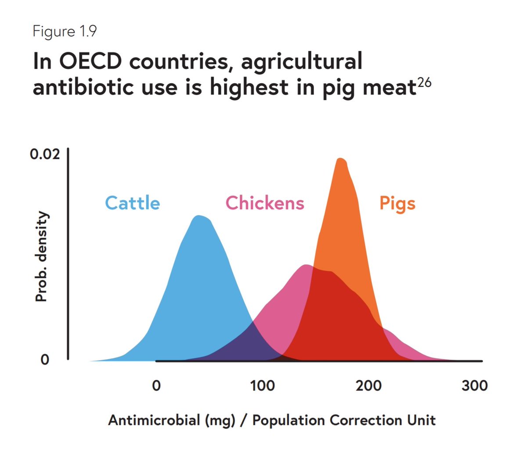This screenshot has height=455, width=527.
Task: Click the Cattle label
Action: tap(132, 203)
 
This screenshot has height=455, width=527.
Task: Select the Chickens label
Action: tap(264, 203)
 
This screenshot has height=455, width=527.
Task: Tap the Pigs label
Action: tap(397, 204)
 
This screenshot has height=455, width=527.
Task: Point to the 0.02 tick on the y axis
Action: tap(45, 155)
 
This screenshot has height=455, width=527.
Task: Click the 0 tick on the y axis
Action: tap(45, 360)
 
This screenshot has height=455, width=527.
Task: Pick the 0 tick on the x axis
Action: tap(156, 386)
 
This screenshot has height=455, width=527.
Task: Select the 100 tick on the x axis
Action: tap(262, 386)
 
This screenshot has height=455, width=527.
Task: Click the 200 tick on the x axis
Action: tap(368, 386)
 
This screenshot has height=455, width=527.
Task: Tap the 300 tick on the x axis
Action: tap(475, 386)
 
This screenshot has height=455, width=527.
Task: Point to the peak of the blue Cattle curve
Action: tap(199, 216)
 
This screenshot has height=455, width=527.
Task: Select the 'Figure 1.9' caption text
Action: tap(65, 32)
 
